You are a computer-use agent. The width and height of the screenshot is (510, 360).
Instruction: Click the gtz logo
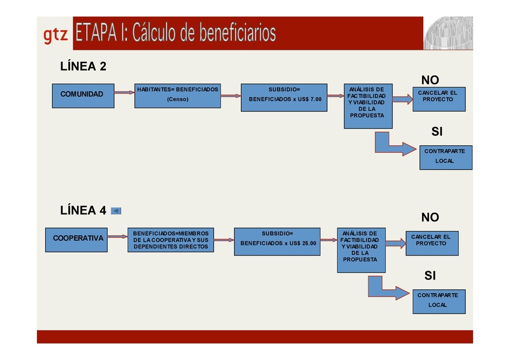click(x=55, y=35)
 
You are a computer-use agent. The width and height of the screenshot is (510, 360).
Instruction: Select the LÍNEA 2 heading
click(x=83, y=66)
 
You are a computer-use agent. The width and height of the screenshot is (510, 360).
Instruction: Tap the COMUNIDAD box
click(x=82, y=94)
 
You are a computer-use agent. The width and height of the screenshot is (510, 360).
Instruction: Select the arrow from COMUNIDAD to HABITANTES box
click(x=123, y=93)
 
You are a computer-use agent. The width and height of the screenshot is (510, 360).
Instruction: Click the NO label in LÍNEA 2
click(x=430, y=80)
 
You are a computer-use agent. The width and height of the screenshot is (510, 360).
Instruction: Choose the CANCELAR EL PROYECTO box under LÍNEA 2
click(x=437, y=96)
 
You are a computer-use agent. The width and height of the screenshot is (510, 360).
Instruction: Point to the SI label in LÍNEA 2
click(x=437, y=132)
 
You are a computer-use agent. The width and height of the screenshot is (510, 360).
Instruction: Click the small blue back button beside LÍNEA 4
click(x=116, y=210)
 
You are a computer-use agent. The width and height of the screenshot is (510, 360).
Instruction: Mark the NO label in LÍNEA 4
click(x=430, y=217)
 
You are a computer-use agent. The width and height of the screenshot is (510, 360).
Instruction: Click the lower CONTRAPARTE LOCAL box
click(x=438, y=300)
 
